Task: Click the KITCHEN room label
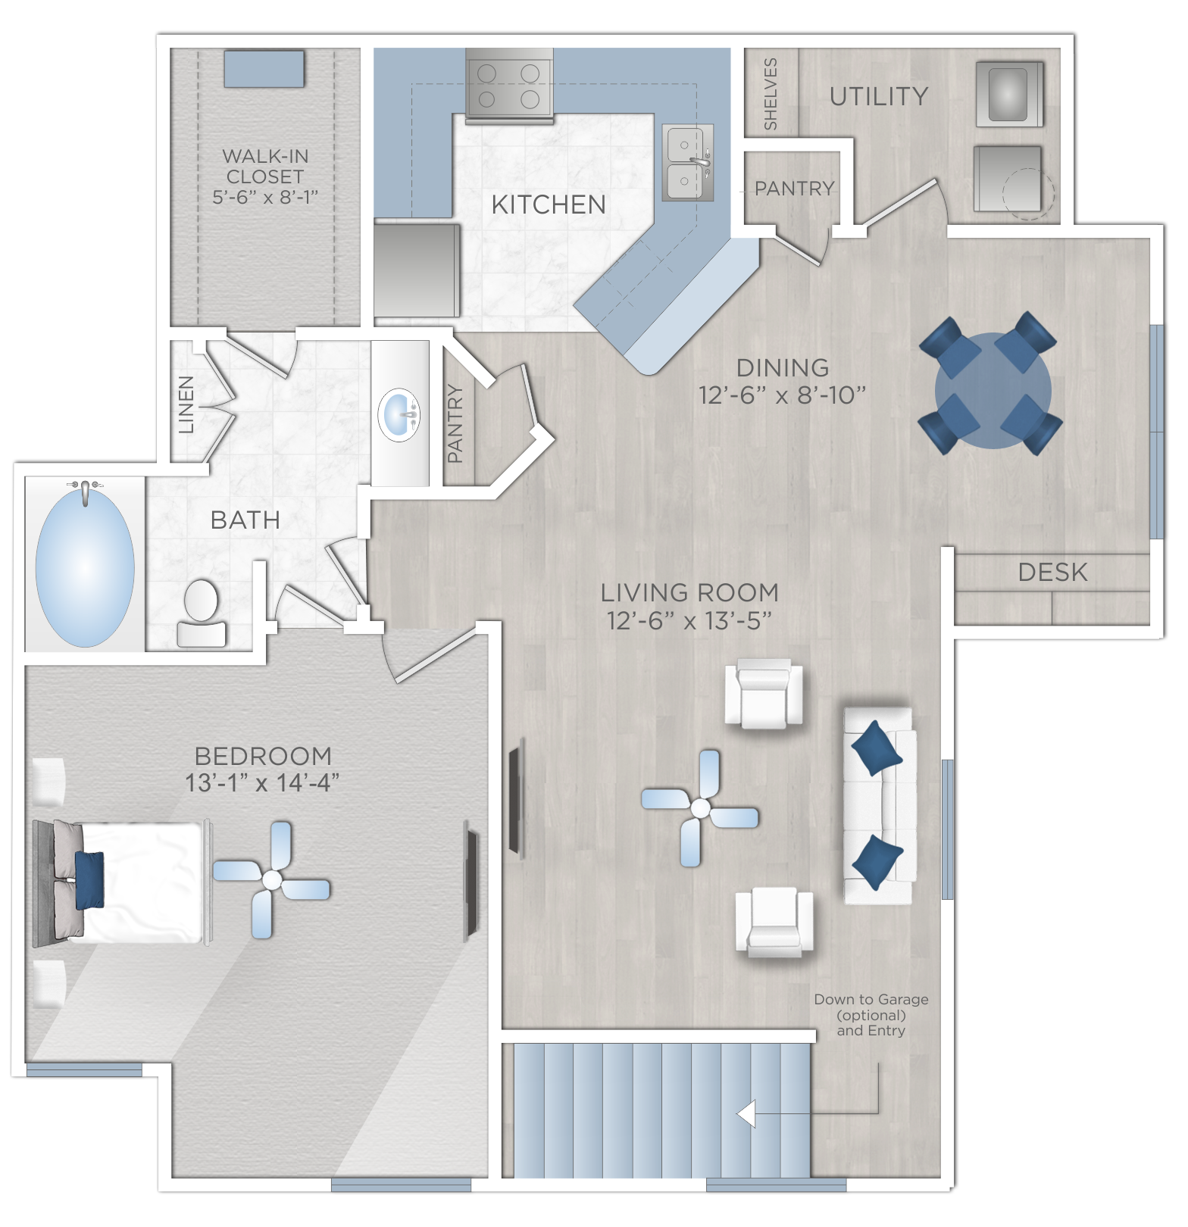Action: point(549,204)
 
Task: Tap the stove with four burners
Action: point(508,86)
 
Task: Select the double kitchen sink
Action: point(688,163)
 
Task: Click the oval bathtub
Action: point(85,564)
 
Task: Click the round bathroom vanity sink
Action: point(399,414)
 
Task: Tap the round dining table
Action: point(993,391)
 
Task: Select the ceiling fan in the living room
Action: point(700,809)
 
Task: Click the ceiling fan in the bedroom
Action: point(271,880)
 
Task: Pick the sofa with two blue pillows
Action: point(879,806)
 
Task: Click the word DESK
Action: point(1052,573)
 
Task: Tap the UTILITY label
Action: point(879,97)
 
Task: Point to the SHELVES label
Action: point(771,94)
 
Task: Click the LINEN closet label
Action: point(186,404)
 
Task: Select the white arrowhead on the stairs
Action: point(746,1114)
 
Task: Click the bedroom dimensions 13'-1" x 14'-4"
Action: point(262,782)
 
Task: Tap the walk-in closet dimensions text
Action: point(265,197)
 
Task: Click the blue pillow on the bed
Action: point(89,880)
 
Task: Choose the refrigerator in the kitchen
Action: point(417,270)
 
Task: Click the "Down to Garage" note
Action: point(871,1000)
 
